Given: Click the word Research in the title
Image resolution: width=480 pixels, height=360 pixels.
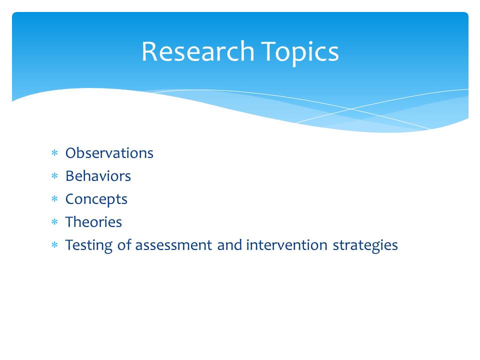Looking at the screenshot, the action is [x=198, y=51].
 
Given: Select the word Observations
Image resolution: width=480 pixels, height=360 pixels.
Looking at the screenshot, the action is [x=109, y=153].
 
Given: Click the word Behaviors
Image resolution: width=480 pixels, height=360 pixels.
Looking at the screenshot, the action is [x=98, y=175].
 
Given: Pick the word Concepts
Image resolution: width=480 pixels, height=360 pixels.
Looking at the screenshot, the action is [x=96, y=199].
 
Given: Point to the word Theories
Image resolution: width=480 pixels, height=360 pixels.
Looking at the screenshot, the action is [x=93, y=221].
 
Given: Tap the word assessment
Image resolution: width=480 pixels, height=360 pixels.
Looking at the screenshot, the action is [x=173, y=245].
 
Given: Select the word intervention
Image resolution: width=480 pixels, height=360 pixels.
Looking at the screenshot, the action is [x=286, y=245].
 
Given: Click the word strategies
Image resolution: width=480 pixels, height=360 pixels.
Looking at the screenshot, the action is [x=365, y=245].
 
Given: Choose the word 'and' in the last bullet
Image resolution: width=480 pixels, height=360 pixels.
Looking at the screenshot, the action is [x=229, y=245].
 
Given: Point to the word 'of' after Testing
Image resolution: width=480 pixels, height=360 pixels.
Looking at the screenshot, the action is [x=124, y=244].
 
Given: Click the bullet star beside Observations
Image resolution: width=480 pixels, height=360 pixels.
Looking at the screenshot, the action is [x=54, y=152].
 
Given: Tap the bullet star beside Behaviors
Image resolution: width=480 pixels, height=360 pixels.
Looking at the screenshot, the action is [x=54, y=175].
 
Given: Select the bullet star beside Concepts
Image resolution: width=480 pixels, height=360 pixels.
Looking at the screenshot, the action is [x=54, y=198].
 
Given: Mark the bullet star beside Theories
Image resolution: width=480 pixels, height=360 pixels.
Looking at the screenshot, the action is [x=54, y=221].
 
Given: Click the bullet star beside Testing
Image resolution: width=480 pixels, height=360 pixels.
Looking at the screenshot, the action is [x=54, y=244].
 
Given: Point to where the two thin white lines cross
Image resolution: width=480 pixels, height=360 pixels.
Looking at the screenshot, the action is [x=351, y=108].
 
